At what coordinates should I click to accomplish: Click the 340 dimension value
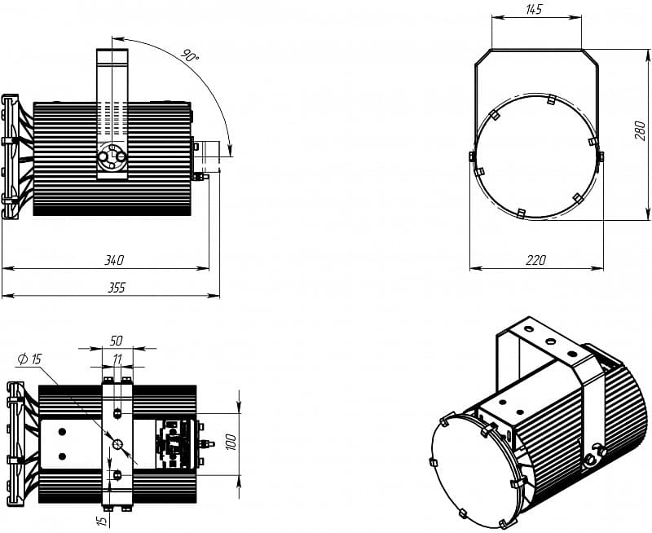point(114,260)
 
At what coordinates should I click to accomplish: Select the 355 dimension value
point(116,288)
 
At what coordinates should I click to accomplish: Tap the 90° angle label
point(190,55)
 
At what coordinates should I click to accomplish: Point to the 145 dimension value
point(534,10)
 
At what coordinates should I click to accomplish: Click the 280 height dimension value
point(641,131)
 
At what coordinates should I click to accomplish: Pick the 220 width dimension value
point(535,260)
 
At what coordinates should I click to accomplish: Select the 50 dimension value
point(116,341)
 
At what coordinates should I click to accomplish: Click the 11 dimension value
point(117,359)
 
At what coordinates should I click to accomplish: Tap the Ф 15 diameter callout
point(30,359)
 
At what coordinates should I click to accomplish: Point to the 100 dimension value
point(232,442)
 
